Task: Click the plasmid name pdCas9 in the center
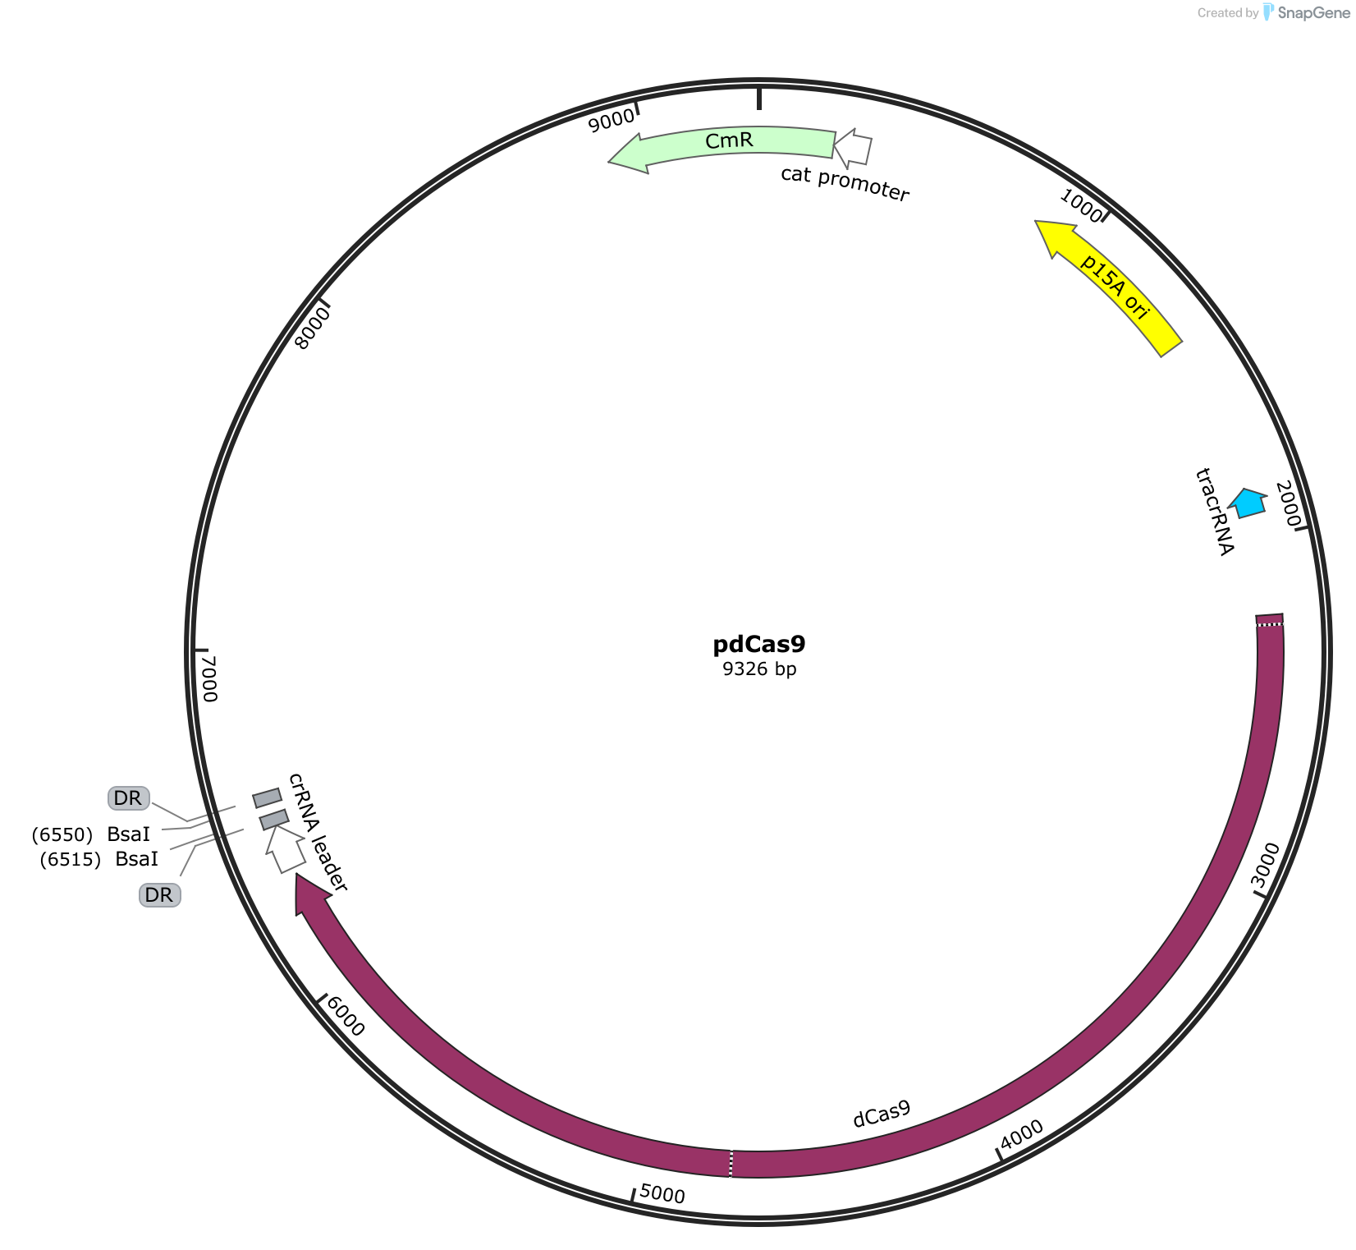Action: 759,644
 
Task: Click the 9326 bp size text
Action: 759,669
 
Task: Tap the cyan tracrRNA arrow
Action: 1248,503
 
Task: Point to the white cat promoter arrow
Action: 853,148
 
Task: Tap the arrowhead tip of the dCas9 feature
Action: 296,874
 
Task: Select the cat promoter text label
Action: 845,184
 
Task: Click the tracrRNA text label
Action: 1215,512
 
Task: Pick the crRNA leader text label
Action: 318,832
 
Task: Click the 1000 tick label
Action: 1081,204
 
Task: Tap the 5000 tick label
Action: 662,1194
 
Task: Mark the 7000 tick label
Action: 208,678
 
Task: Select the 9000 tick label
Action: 612,120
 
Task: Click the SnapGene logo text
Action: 1313,13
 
